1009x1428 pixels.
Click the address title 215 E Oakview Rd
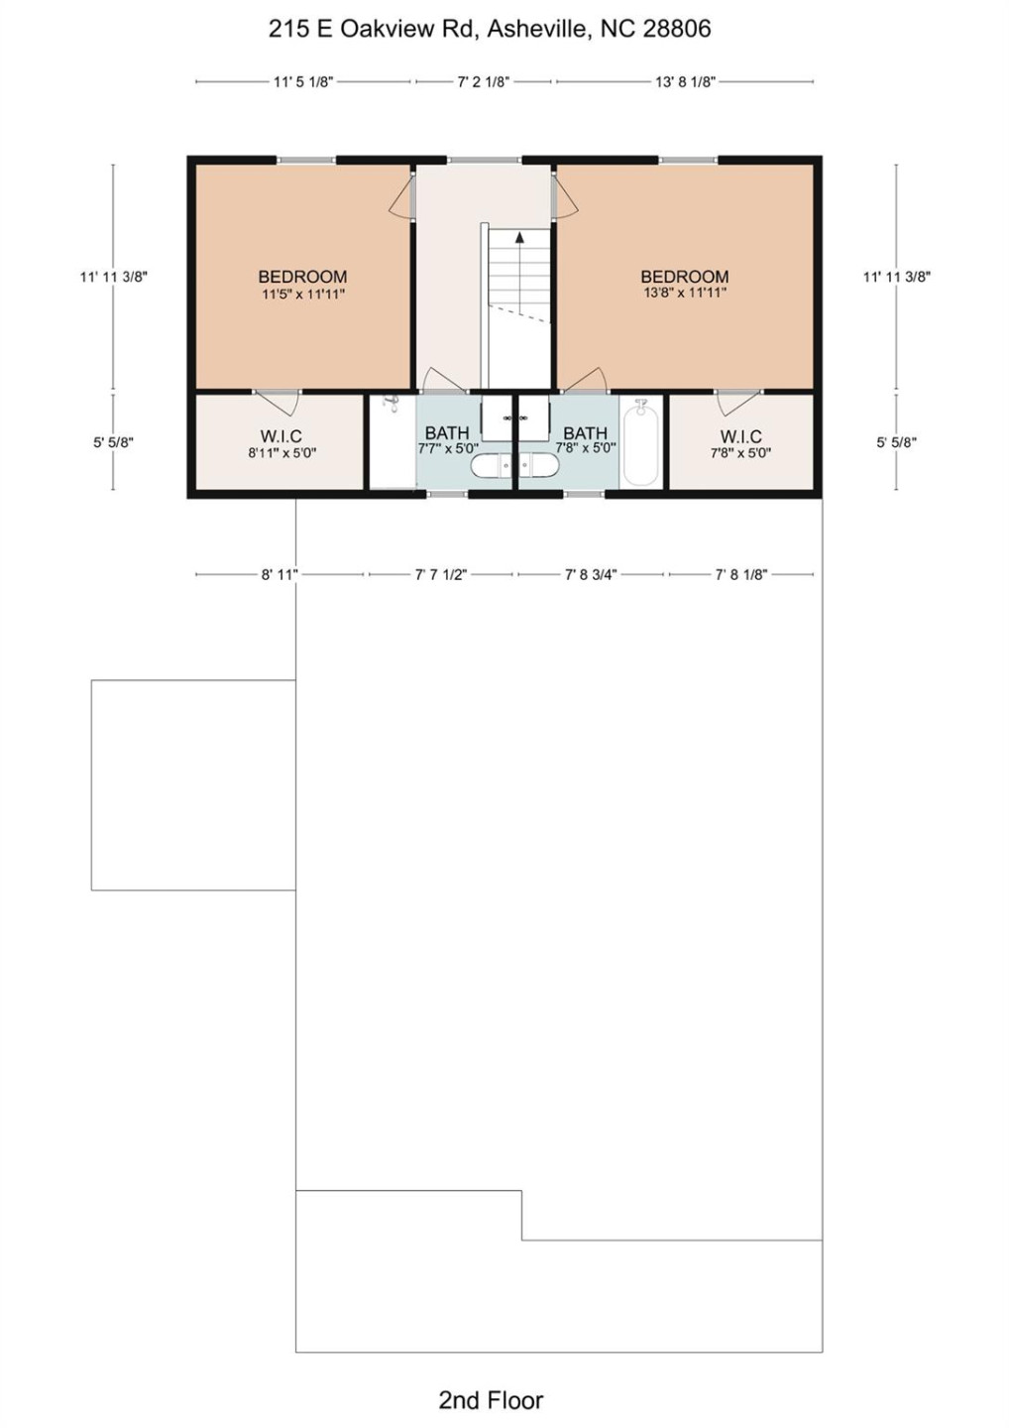(x=489, y=29)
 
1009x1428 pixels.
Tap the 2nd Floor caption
(x=491, y=1399)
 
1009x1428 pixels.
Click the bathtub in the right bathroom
(x=641, y=442)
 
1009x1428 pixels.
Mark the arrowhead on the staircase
(x=518, y=237)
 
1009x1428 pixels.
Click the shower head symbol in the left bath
(x=391, y=404)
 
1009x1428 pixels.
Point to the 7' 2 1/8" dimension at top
(x=483, y=82)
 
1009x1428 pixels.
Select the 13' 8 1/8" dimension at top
(x=684, y=82)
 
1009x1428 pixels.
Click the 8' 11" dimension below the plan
(x=280, y=575)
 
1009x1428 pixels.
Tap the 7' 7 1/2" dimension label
(x=440, y=575)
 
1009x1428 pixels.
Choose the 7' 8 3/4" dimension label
(x=591, y=575)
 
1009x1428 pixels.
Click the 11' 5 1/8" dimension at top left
(x=302, y=82)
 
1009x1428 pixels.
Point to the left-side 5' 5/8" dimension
(x=113, y=442)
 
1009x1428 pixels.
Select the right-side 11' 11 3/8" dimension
(x=896, y=278)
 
